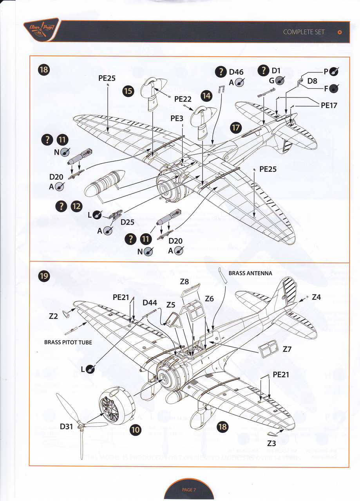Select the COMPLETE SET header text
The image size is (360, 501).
coord(304,32)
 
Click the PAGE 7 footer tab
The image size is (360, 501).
coord(189,490)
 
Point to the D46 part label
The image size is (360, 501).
coord(236,72)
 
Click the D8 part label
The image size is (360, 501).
coord(312,81)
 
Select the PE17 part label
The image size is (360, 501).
coord(329,105)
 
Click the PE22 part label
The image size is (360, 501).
coord(183,99)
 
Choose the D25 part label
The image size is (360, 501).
coord(127,222)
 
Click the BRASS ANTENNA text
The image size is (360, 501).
coord(250,273)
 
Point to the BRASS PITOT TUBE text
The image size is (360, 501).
coord(68,342)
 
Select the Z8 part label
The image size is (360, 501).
coord(184,281)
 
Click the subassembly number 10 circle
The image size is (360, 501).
coord(136,430)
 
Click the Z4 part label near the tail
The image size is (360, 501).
coord(317,297)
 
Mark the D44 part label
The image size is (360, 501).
coord(150,303)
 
